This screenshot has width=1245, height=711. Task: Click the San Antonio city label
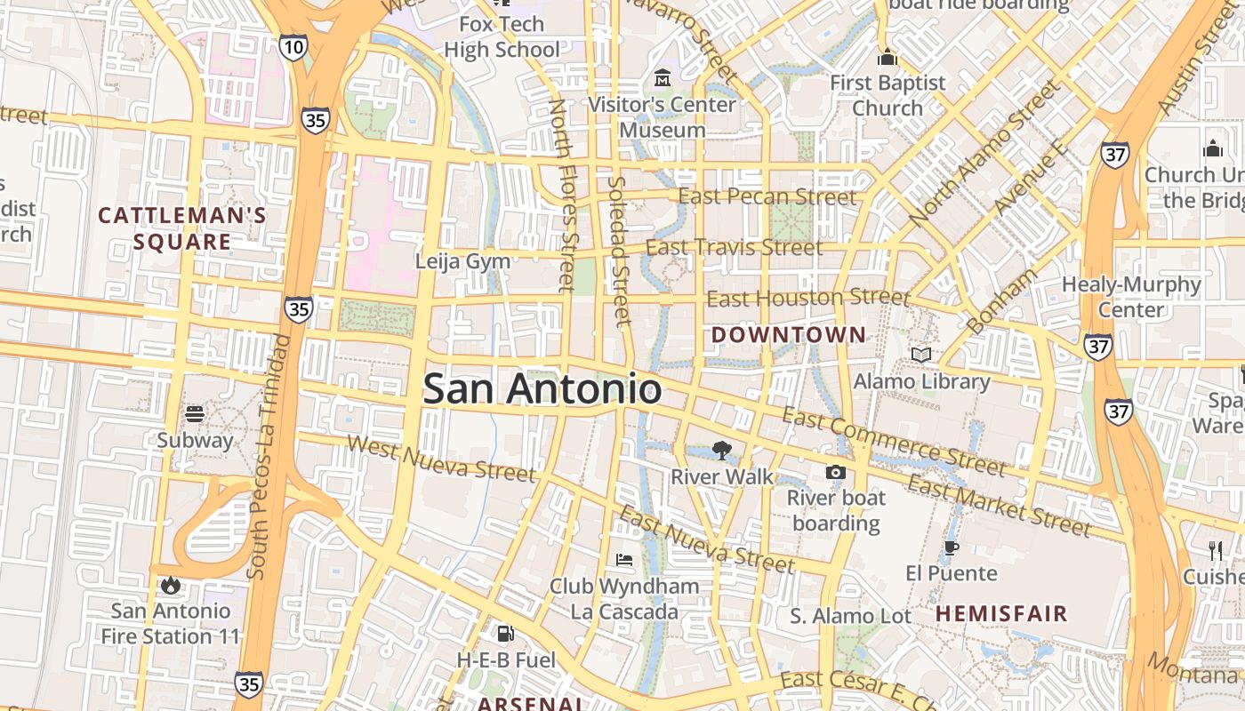[x=542, y=389]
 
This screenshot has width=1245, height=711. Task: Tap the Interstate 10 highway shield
[x=293, y=47]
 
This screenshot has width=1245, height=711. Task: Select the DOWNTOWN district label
[x=789, y=335]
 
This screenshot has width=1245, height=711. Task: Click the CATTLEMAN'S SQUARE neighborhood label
[x=182, y=228]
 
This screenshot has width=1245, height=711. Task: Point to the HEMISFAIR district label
[x=1001, y=613]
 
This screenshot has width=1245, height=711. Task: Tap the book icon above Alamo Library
[x=921, y=355]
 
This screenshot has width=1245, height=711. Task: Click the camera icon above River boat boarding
[x=835, y=472]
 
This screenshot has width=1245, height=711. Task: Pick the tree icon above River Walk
[x=722, y=451]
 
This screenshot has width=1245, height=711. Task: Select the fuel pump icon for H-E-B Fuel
[x=505, y=634]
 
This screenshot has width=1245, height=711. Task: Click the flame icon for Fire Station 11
[x=170, y=585]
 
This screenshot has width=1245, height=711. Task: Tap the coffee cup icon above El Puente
[x=951, y=547]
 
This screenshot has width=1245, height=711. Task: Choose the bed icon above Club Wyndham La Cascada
[x=624, y=560]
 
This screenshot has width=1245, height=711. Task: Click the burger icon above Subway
[x=195, y=413]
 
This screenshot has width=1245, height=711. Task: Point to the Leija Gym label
[x=463, y=261]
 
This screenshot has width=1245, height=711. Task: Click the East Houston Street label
[x=807, y=298]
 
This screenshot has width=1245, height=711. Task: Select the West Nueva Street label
[x=442, y=459]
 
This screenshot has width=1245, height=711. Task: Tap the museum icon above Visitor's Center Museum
[x=663, y=78]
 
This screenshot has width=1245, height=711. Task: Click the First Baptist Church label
[x=888, y=95]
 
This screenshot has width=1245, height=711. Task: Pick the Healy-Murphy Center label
[x=1131, y=297]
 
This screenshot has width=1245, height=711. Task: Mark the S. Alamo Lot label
[x=851, y=616]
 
